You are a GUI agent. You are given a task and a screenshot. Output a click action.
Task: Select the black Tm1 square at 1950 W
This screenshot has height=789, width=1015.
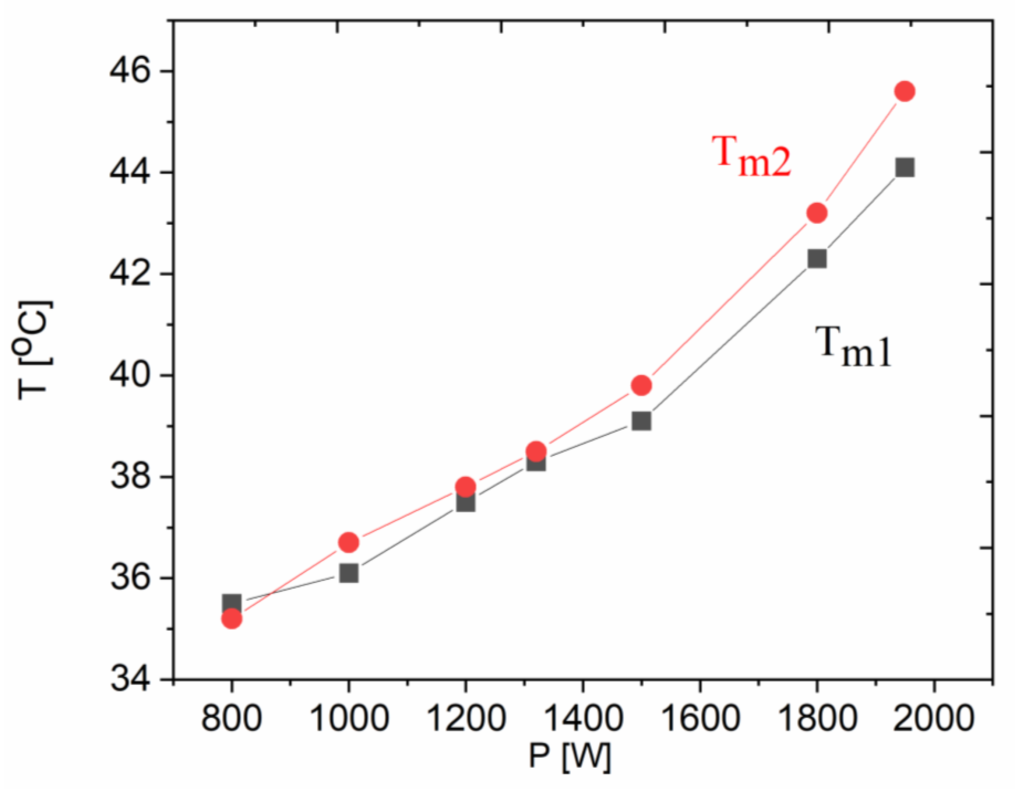(905, 167)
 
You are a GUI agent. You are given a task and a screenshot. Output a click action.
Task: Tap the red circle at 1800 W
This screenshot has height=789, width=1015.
(817, 213)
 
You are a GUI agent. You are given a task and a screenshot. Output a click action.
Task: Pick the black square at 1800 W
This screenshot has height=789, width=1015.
(817, 259)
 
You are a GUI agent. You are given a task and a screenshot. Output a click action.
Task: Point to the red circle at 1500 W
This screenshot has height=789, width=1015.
(641, 385)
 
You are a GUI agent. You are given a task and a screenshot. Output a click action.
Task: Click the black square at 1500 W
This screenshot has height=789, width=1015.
(641, 421)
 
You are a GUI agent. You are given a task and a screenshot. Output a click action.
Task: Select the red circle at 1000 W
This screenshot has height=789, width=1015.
(349, 543)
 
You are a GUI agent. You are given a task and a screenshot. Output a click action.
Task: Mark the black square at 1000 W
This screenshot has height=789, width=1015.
(349, 573)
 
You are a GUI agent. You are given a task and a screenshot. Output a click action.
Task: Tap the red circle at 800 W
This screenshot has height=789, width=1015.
(232, 619)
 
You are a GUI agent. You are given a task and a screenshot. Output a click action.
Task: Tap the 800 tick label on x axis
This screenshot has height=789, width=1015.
(232, 718)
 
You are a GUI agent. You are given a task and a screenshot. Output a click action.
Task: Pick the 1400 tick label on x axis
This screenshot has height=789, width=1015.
(583, 718)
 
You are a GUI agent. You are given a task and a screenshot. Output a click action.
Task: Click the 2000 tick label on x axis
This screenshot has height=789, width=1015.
(933, 718)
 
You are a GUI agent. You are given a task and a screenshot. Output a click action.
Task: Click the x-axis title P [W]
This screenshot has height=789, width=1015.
(569, 757)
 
